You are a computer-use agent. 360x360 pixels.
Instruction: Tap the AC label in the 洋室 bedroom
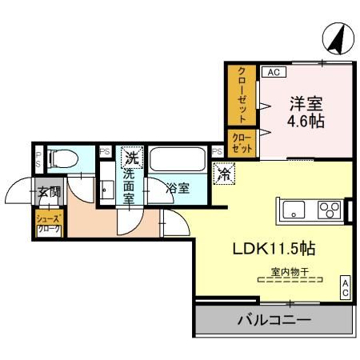tap(272, 72)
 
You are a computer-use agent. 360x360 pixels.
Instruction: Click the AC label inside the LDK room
tap(345, 286)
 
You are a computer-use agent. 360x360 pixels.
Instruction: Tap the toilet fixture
tap(62, 158)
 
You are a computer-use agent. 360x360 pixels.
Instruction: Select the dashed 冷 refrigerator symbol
tap(225, 171)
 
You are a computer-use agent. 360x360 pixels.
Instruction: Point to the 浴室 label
tap(178, 190)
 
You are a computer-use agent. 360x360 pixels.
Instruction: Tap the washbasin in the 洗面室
tap(106, 190)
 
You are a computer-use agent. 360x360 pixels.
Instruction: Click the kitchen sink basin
tap(293, 210)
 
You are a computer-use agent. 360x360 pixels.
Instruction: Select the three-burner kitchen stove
tap(329, 210)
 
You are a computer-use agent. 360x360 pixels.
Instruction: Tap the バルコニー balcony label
tap(274, 323)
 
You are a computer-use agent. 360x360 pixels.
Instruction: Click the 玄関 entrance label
tap(48, 192)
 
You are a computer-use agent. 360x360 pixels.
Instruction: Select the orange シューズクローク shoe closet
tap(48, 224)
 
